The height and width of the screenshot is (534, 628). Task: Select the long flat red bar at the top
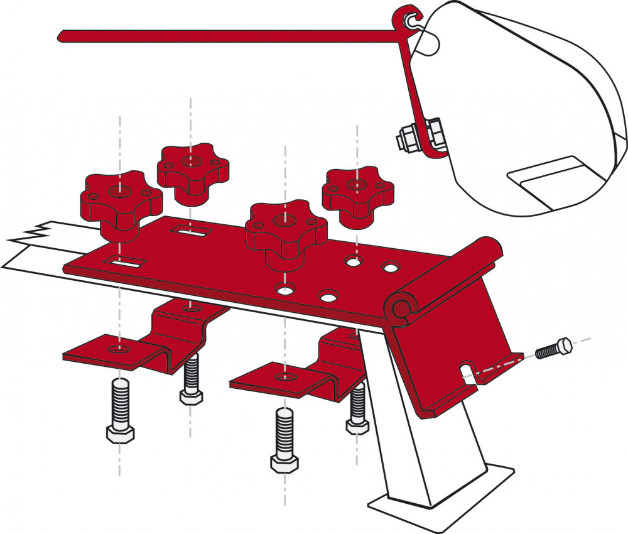(226, 36)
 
